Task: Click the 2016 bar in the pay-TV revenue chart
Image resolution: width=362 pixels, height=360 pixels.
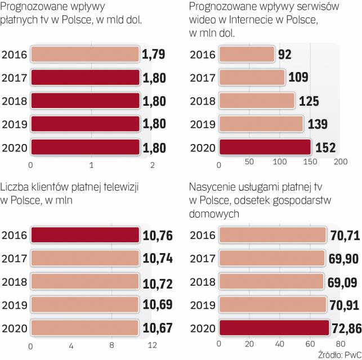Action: [84, 55]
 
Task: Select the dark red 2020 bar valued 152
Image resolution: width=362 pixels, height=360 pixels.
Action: [265, 147]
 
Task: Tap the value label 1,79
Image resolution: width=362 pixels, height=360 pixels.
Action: [154, 55]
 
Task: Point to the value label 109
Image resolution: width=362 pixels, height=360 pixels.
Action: [298, 77]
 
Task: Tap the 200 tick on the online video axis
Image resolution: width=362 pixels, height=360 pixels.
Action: [340, 163]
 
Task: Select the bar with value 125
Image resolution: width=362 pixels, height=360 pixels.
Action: [257, 101]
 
